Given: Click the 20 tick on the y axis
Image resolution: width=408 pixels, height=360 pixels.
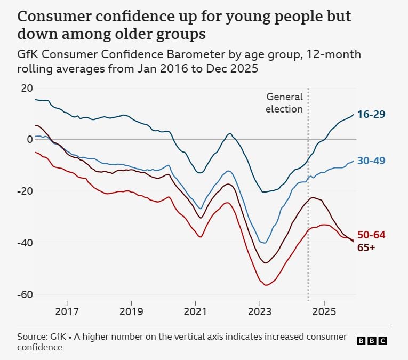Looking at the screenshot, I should pyautogui.click(x=27, y=88).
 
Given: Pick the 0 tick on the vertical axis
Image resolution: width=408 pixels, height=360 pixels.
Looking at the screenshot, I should pyautogui.click(x=30, y=140).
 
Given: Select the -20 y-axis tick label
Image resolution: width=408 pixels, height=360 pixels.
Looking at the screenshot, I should pyautogui.click(x=25, y=191).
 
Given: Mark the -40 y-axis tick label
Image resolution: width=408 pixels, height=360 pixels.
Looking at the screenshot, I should pyautogui.click(x=25, y=243).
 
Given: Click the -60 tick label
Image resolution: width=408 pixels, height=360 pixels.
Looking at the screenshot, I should pyautogui.click(x=25, y=294).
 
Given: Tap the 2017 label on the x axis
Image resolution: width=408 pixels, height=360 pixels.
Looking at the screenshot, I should pyautogui.click(x=67, y=311).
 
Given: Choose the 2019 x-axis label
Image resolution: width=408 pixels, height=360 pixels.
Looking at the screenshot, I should pyautogui.click(x=131, y=311).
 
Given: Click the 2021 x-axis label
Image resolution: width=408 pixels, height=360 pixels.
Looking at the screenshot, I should pyautogui.click(x=195, y=311).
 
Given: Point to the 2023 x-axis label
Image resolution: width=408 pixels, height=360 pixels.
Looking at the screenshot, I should pyautogui.click(x=260, y=311).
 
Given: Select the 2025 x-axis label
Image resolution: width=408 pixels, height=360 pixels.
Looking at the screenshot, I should pyautogui.click(x=324, y=311).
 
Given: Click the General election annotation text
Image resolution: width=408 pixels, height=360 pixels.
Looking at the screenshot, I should pyautogui.click(x=284, y=103).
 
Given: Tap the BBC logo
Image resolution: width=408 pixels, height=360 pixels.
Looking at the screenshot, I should pyautogui.click(x=371, y=341).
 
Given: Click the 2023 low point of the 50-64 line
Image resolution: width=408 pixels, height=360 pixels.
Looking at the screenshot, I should pyautogui.click(x=265, y=285).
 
